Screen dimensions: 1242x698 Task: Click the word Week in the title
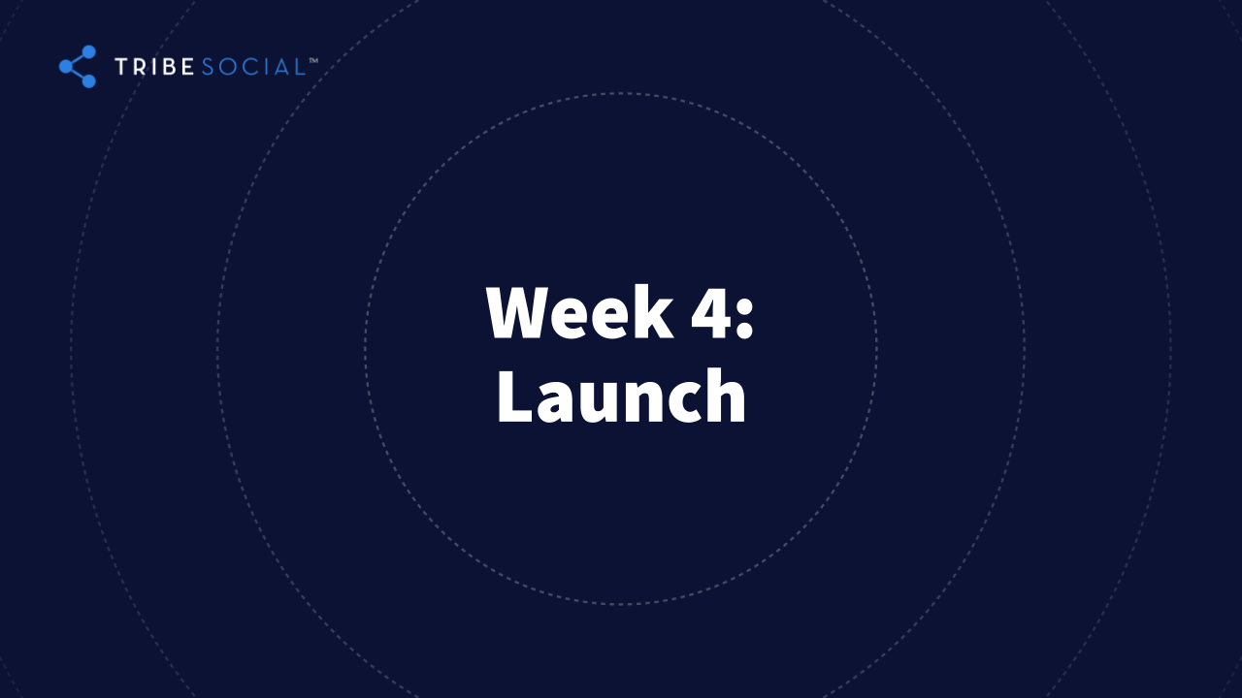tap(579, 311)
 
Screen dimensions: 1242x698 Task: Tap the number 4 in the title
tap(710, 312)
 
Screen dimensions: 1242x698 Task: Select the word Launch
tap(622, 396)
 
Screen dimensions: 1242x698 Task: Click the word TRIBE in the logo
tap(154, 67)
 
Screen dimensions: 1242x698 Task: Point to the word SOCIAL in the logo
tap(253, 67)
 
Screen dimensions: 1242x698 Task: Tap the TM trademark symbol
tap(313, 60)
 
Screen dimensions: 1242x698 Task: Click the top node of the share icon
tap(88, 52)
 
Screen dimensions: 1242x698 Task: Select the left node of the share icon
tap(66, 67)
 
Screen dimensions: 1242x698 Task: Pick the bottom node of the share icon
tap(88, 81)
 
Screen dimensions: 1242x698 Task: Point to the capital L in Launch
tap(515, 396)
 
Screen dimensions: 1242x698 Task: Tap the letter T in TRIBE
tap(121, 67)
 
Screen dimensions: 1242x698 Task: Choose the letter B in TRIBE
tap(170, 67)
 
